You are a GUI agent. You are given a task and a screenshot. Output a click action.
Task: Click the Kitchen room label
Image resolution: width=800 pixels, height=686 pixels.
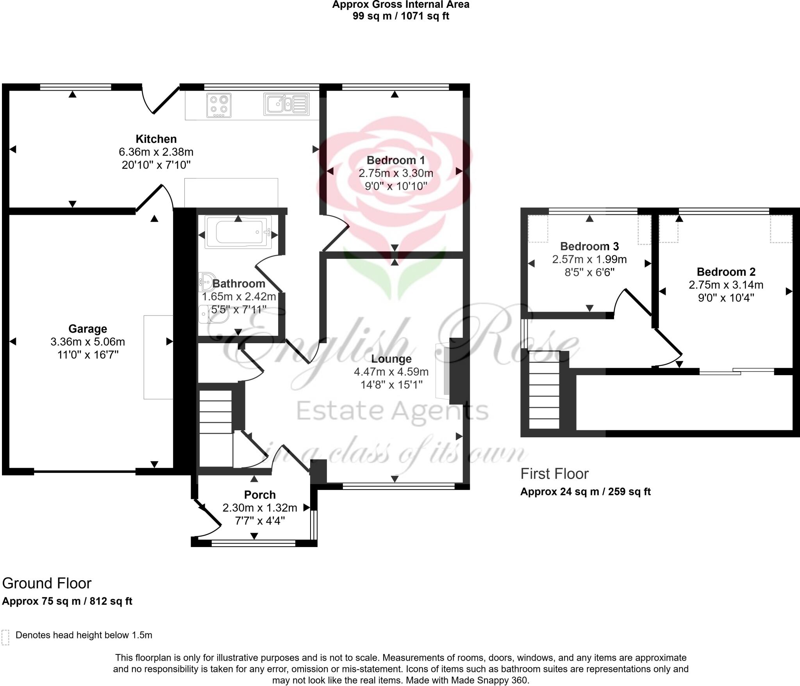156,139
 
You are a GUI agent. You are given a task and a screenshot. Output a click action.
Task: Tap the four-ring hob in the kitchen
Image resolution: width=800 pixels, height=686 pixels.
219,105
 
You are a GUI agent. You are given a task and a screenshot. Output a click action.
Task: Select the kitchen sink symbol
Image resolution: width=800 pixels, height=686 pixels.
287,104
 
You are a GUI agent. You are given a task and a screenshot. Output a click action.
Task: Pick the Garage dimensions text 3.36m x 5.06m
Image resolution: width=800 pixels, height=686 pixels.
87,342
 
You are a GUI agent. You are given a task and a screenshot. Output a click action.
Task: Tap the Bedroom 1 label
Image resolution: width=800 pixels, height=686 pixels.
396,160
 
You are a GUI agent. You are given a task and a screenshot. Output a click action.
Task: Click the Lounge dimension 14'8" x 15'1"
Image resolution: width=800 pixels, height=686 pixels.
391,385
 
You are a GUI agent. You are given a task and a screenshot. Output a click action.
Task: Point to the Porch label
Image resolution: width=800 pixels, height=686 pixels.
260,495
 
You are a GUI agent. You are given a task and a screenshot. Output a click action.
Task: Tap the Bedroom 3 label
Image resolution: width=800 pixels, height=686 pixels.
589,246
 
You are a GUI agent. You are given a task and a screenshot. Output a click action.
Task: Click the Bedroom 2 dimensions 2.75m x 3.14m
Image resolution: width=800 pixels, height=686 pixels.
726,285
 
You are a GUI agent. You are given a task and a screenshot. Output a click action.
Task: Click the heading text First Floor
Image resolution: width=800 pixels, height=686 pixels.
554,474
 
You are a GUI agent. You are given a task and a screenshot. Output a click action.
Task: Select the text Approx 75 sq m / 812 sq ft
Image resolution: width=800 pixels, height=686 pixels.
67,601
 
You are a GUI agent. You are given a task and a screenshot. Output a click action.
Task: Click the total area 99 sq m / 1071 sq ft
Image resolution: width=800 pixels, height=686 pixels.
401,16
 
